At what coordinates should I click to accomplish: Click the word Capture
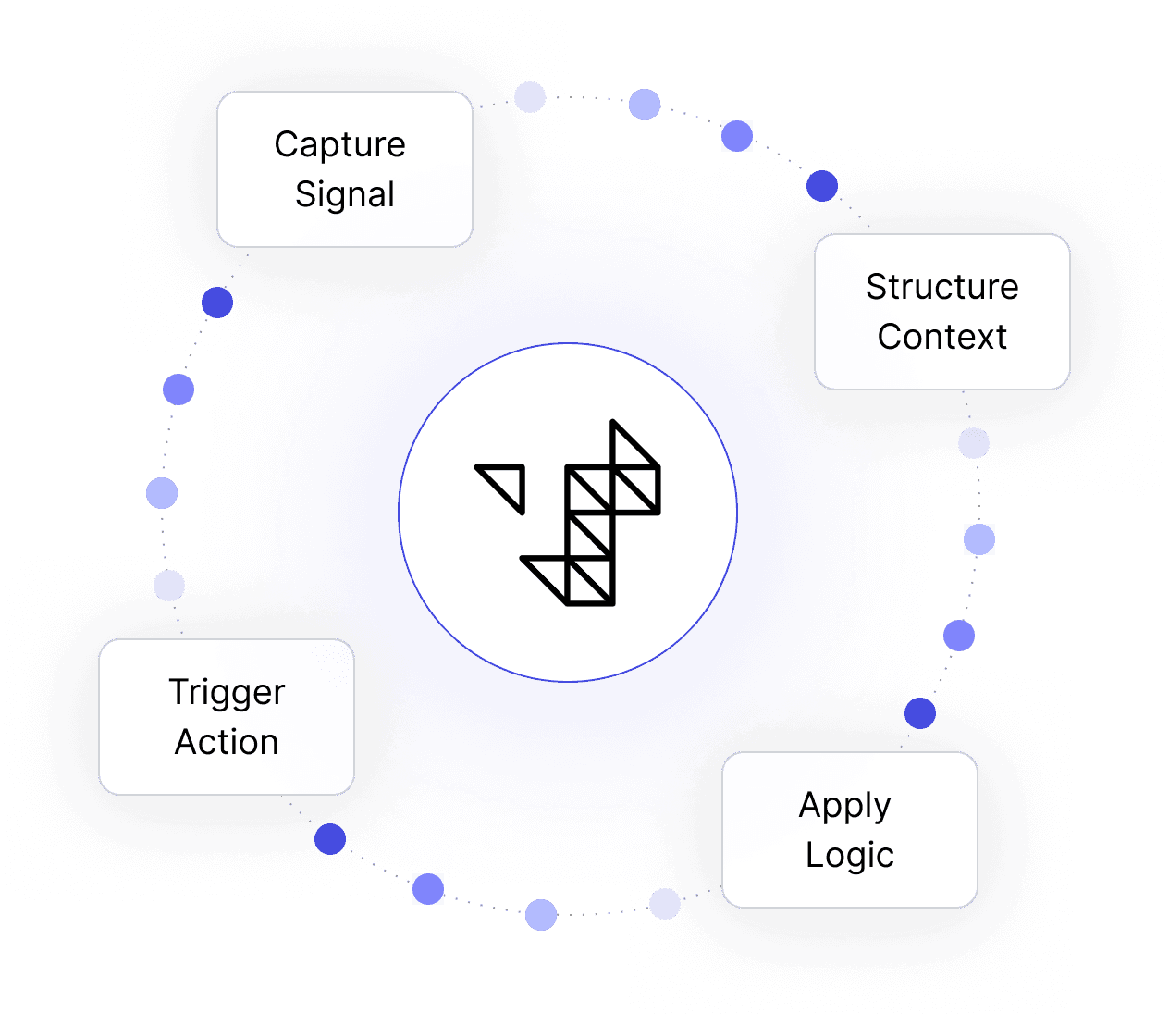pos(339,145)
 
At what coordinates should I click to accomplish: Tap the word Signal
pos(344,195)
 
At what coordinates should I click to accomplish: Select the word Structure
pos(941,287)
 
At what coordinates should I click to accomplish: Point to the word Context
pos(941,337)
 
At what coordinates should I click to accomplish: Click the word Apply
pos(844,807)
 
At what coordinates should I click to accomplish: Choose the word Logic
pos(849,856)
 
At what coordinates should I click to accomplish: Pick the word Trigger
pos(227,693)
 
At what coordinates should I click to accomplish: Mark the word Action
pos(227,742)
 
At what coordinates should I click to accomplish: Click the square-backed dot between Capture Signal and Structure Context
pos(737,136)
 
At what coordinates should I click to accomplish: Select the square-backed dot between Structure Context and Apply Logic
pos(979,539)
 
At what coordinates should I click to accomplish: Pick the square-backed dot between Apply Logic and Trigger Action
pos(428,889)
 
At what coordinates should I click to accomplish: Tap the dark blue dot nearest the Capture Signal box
pos(217,303)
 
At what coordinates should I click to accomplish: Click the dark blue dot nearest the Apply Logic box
pos(920,713)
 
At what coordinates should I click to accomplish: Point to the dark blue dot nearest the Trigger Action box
pos(330,839)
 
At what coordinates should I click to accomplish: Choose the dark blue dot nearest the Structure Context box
pos(821,186)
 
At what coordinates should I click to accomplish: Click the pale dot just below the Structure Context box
pos(974,443)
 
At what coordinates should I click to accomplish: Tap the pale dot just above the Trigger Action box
pos(169,586)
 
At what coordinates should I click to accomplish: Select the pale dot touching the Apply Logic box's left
pos(665,904)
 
